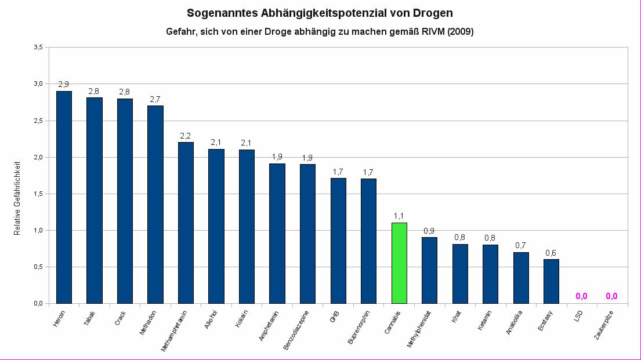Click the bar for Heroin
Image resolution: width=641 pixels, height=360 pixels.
[x=64, y=197]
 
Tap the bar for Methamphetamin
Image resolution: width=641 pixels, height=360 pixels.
[x=186, y=223]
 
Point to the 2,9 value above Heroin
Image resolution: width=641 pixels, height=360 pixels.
[x=64, y=85]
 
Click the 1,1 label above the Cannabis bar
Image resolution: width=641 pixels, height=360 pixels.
[x=399, y=216]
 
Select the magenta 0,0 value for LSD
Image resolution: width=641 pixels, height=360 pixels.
[x=581, y=296]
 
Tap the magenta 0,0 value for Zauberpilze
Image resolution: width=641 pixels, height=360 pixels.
[x=611, y=296]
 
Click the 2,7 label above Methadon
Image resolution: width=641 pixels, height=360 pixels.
[x=155, y=99]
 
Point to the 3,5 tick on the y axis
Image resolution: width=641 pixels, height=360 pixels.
[x=38, y=48]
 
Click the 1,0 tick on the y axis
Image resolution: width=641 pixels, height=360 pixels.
[x=38, y=230]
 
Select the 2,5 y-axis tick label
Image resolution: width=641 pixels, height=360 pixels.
[x=38, y=121]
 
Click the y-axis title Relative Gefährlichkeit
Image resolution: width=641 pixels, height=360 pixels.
[x=17, y=197]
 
